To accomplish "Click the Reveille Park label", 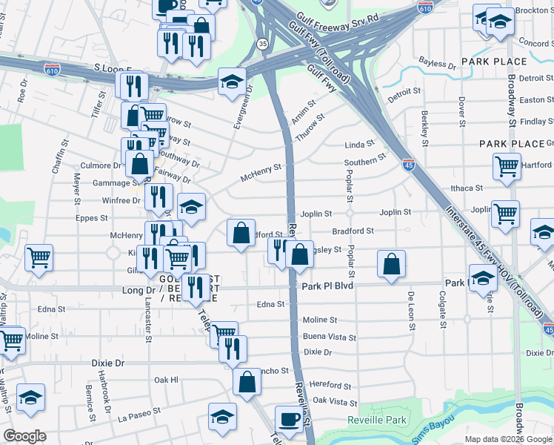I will coord(377,421).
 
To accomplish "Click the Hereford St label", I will coord(331,386).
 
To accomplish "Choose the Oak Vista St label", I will coord(335,401).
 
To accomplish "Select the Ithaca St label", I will coord(467,188).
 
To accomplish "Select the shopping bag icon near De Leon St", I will coord(391,263).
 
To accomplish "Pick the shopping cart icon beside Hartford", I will coord(507,166).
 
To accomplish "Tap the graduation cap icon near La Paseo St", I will coord(222,416).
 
